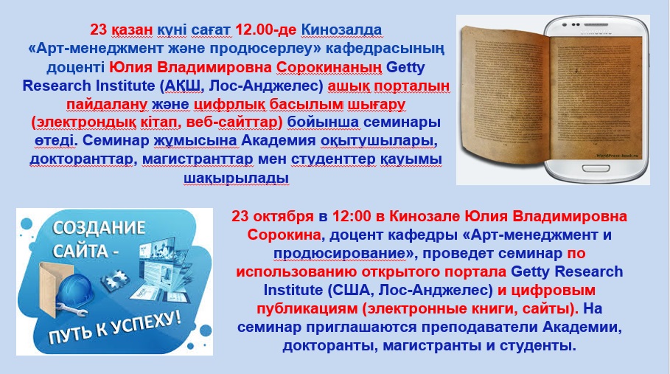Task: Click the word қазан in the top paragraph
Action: (x=133, y=30)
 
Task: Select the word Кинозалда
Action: (x=341, y=30)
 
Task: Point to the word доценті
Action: (x=75, y=68)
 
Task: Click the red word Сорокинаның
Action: (x=329, y=68)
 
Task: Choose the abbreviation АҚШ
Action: (x=179, y=86)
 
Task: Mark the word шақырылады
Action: (x=237, y=178)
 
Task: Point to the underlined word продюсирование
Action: (x=340, y=254)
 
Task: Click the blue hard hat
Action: (x=75, y=290)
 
